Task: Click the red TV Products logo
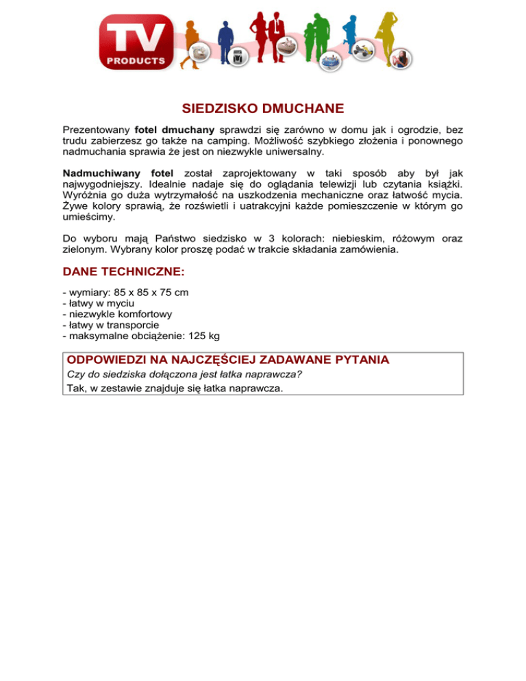click(x=136, y=44)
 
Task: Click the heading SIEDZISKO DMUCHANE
click(x=262, y=109)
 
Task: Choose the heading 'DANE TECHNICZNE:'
click(x=123, y=271)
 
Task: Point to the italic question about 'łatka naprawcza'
click(x=185, y=374)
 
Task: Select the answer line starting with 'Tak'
click(x=174, y=387)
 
